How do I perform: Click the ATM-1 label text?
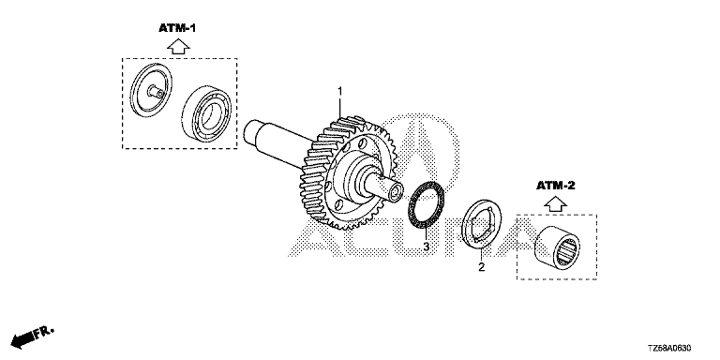pos(177,28)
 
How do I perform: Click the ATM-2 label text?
pos(556,186)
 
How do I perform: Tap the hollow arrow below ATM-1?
pos(178,46)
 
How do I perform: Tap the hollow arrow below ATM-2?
pos(556,202)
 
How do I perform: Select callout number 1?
pos(339,92)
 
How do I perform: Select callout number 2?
pos(481,267)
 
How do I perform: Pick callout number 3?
pos(427,247)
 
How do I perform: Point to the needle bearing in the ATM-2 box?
pos(557,247)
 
